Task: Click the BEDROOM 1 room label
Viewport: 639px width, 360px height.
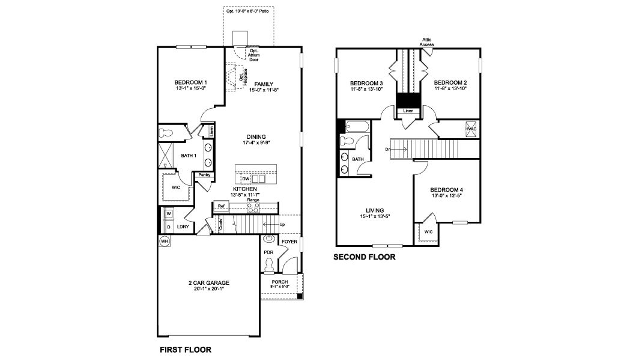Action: (x=191, y=82)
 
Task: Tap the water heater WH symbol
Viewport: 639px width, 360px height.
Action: (x=164, y=241)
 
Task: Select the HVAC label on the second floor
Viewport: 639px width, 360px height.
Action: (x=471, y=129)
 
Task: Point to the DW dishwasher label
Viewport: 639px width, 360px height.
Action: (x=246, y=178)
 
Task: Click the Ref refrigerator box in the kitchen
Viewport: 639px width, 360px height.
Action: (x=221, y=206)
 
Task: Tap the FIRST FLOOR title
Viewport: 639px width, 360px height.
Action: (x=185, y=349)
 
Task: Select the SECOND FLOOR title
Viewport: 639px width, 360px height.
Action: (x=365, y=257)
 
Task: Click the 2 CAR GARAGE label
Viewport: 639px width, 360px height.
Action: (x=209, y=282)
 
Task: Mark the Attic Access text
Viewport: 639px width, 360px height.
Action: (x=427, y=42)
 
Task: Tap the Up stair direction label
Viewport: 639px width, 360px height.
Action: (x=282, y=225)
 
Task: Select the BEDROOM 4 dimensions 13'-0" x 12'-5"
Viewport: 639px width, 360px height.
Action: (x=447, y=196)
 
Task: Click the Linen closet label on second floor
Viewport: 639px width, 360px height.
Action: (x=408, y=111)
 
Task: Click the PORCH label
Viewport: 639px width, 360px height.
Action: (x=279, y=282)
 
